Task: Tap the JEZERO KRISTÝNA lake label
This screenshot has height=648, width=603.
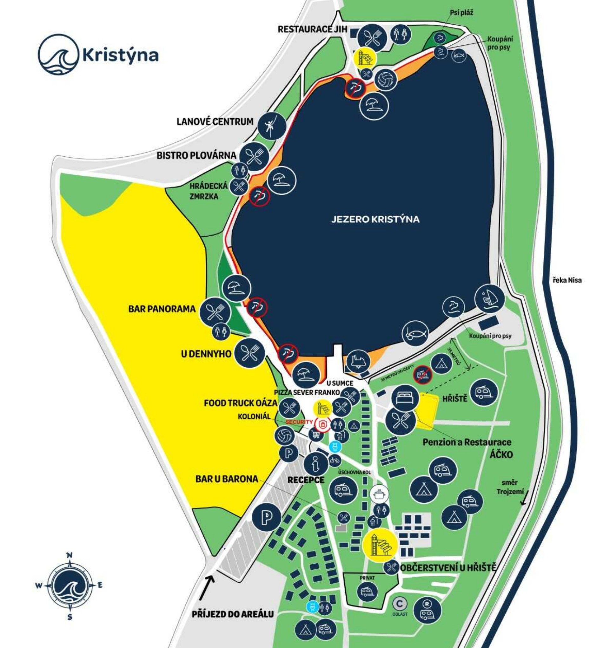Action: click(x=375, y=219)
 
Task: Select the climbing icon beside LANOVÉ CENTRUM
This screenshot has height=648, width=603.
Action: click(x=271, y=126)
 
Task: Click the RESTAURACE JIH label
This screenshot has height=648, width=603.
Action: click(x=312, y=29)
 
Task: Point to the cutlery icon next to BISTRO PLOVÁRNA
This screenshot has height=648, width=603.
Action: click(x=255, y=157)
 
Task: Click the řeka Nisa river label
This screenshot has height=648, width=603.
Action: click(x=567, y=280)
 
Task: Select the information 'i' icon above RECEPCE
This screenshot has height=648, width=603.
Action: click(x=316, y=463)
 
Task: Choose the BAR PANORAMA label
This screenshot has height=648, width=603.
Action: click(x=162, y=309)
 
